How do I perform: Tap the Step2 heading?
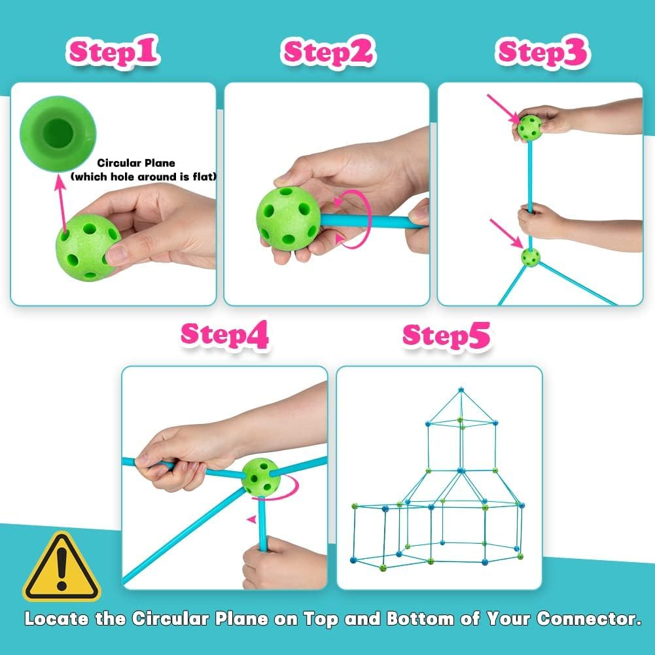328,52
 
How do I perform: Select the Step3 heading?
543,52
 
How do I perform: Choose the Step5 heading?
446,336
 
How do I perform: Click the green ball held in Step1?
88,247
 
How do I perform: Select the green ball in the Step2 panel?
288,219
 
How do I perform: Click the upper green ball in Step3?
529,128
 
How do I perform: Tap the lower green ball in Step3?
530,257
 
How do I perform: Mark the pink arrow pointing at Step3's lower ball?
506,234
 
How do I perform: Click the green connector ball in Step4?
260,477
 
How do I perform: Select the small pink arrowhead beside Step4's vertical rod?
251,520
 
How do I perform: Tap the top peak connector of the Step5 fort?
461,389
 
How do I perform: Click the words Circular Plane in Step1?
136,163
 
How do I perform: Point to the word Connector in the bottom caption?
589,618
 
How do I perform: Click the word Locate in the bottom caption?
56,618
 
